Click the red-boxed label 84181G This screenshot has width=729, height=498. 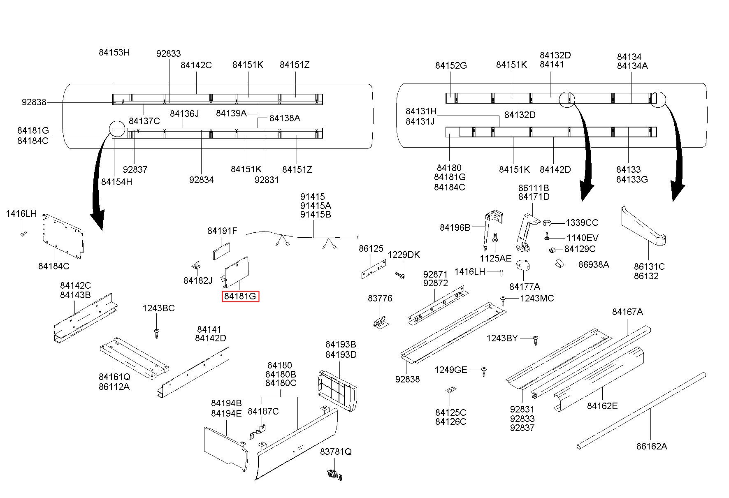coord(240,296)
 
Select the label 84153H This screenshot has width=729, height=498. coord(114,52)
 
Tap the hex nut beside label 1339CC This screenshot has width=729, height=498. coord(547,223)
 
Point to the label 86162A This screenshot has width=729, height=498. coord(652,446)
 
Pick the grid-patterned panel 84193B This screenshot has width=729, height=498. coord(338,390)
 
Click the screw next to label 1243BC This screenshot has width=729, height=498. coord(156,333)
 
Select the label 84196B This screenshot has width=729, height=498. coord(455,227)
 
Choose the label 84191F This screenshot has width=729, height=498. coord(222,231)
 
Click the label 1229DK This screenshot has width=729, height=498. coord(404,255)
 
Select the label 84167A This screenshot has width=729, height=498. coord(627,312)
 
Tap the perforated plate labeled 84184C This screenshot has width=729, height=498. coord(63,237)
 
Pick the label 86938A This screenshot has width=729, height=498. coord(593,264)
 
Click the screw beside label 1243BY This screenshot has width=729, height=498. coord(535,340)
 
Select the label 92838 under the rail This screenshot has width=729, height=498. coord(407,379)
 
